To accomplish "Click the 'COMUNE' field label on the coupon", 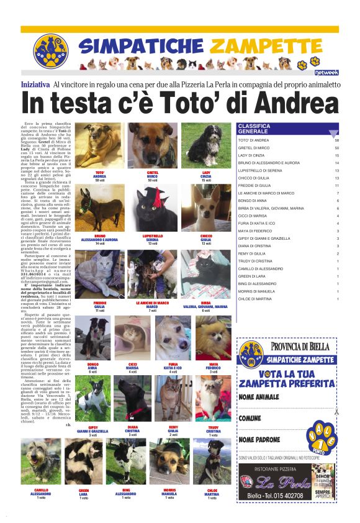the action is pyautogui.click(x=250, y=419).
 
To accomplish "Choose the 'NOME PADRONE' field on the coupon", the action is pyautogui.click(x=259, y=440).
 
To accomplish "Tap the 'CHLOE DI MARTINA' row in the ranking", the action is pyautogui.click(x=255, y=299).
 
